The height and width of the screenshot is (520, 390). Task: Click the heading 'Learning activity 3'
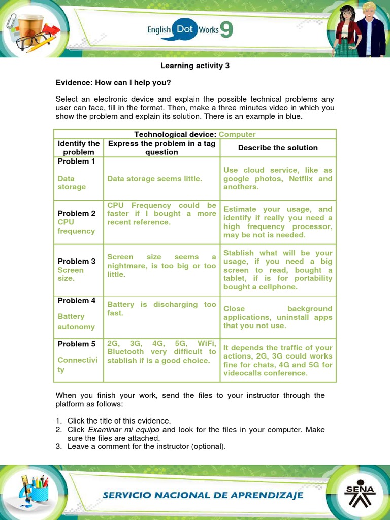pos(195,66)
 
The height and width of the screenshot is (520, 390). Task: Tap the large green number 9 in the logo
pos(226,30)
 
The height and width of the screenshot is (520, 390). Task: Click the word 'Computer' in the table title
pos(237,134)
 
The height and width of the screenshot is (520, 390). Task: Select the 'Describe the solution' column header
pos(278,148)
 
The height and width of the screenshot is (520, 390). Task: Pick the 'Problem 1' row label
pos(76,161)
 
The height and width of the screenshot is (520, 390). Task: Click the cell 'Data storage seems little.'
pos(154,178)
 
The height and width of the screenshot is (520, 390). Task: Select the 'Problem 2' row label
pos(76,213)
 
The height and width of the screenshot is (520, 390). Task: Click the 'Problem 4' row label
pos(76,300)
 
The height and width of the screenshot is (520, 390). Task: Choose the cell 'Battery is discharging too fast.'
pos(161,309)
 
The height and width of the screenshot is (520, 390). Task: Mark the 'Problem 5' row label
pos(76,344)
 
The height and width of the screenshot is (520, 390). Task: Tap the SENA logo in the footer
pos(360,493)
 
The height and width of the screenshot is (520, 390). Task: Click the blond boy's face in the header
pos(369,11)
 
